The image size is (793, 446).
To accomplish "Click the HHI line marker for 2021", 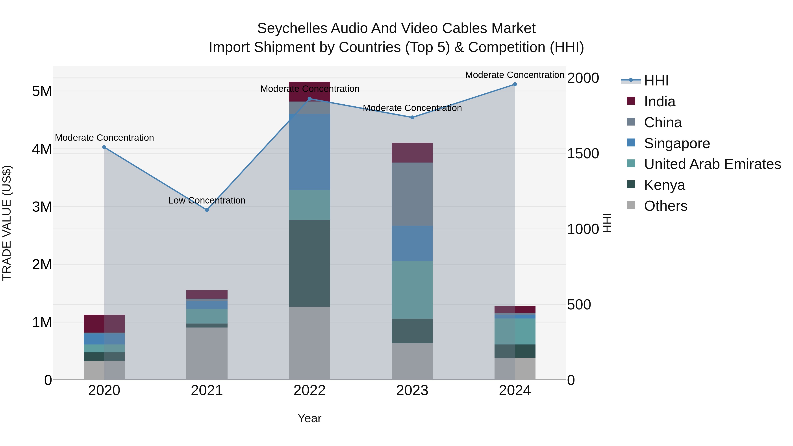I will coord(207,210).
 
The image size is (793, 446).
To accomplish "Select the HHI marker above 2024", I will coord(515,84).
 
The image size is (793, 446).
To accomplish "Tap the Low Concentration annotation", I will coord(207,200).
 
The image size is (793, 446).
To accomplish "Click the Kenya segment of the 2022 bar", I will coord(309,263).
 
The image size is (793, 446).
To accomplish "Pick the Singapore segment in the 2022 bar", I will coord(309,152).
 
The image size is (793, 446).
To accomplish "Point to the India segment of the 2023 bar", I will coord(412,153).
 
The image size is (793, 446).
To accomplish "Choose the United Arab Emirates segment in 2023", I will coord(412,290).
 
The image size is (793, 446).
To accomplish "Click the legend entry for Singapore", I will coord(677,143).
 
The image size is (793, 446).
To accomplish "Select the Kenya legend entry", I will coord(664,185).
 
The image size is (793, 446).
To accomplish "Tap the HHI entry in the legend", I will coord(656,81).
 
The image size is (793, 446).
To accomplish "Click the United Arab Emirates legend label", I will coord(712,164).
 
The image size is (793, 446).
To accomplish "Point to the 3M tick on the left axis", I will coord(42,207).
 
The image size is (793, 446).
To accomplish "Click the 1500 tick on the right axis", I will coord(583,154).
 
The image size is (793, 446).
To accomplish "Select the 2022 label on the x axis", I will coord(309,390).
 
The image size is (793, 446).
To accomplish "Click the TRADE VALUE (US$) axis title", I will coord(7,223).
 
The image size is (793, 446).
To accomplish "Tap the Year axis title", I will coord(309,418).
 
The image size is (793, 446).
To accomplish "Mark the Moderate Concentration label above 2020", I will coord(104,138).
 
